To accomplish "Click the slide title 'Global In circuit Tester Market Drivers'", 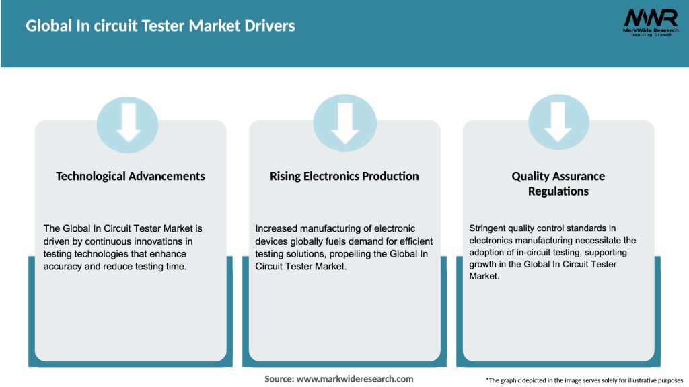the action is [160, 26].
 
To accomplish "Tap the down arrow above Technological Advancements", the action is [128, 123].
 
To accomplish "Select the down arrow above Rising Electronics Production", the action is [344, 123].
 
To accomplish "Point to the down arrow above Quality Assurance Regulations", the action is [558, 123].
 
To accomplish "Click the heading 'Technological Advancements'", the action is [131, 176].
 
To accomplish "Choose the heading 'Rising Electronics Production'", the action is [344, 176].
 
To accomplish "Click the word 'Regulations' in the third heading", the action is [558, 191].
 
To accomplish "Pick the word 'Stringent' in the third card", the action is [491, 228].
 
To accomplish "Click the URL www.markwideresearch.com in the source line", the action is [355, 379].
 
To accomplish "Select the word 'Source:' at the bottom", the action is [279, 379].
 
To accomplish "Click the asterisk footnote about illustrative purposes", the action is [584, 380].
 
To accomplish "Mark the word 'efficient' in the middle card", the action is [416, 241].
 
